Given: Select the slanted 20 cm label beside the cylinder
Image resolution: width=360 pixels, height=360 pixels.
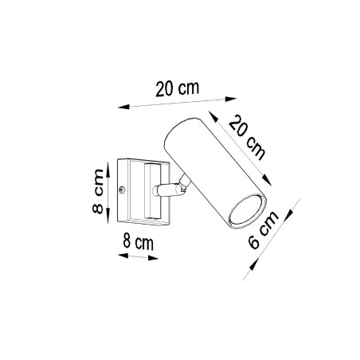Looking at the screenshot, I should click(248, 135).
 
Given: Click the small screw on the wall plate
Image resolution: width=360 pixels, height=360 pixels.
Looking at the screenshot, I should click(121, 189).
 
